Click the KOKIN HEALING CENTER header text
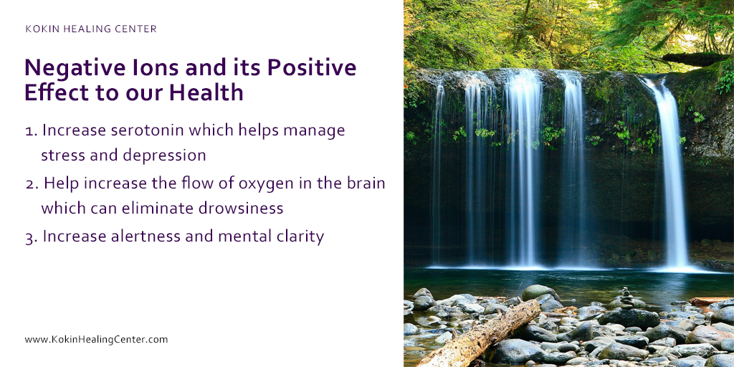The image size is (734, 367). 91,29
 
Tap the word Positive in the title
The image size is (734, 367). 312,68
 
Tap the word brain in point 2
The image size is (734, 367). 366,183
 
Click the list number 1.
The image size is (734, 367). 29,132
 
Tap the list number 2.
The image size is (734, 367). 30,184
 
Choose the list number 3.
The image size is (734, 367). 30,237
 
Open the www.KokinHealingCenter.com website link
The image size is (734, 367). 96,339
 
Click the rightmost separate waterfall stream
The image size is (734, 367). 672,172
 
